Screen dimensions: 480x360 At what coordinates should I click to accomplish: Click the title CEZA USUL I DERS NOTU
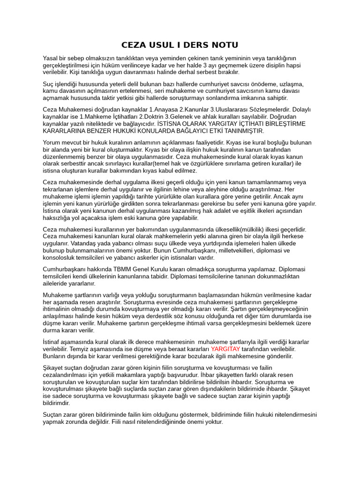click(x=180, y=45)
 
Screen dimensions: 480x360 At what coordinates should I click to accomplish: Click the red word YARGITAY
click(x=225, y=349)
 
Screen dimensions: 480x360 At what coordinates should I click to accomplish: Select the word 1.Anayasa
click(x=165, y=110)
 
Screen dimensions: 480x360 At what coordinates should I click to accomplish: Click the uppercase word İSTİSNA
click(x=171, y=124)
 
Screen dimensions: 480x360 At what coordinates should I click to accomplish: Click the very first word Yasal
click(x=51, y=58)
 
